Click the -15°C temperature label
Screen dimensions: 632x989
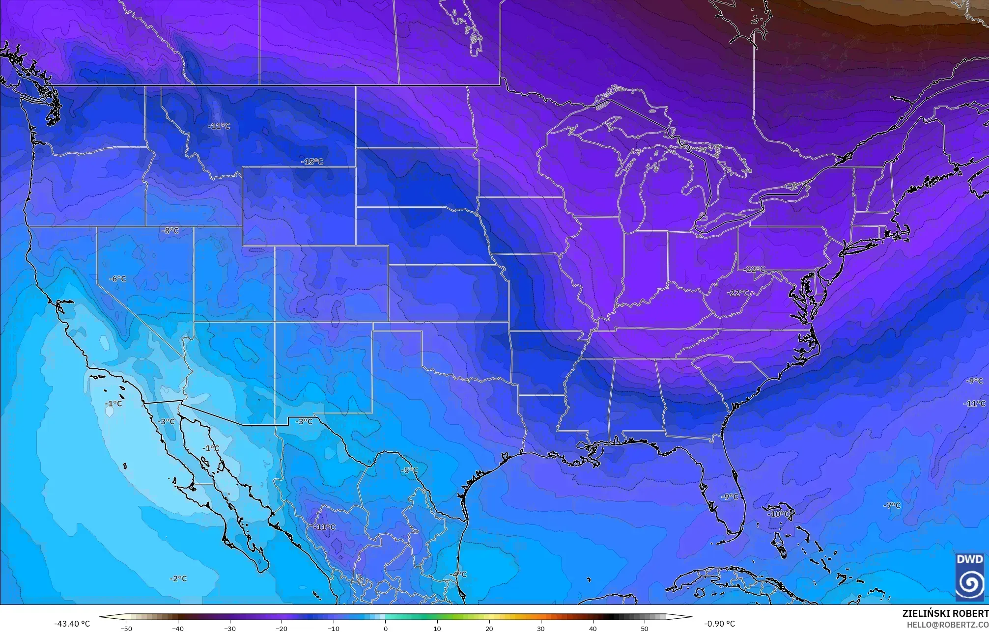point(312,162)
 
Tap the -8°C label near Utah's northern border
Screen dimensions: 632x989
point(170,231)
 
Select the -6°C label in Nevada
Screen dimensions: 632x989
point(117,279)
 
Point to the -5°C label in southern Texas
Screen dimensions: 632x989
point(409,470)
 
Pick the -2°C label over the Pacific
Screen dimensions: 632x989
point(178,579)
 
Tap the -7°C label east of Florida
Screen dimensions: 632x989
point(892,505)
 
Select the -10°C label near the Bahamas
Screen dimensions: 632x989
point(779,514)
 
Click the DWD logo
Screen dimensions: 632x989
point(970,577)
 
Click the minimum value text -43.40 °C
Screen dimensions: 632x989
point(72,624)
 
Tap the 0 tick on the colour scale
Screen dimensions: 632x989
point(385,629)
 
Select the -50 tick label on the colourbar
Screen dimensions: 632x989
point(126,629)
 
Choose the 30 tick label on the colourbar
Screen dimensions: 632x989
point(541,629)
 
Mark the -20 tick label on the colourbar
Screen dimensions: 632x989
point(282,629)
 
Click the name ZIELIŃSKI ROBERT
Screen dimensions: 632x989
point(945,613)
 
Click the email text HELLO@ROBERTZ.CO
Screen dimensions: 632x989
point(947,625)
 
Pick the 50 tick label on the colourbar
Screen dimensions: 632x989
point(645,629)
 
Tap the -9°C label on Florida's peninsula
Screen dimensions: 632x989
point(730,497)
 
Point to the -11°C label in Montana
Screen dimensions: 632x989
point(219,126)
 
